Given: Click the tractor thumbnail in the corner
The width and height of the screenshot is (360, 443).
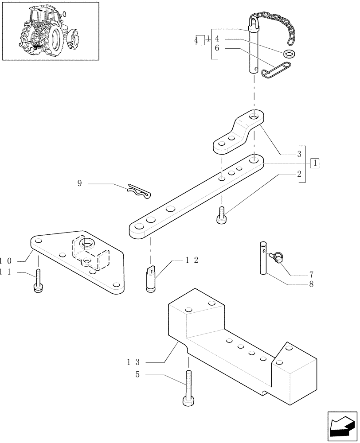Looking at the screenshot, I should coord(50,31).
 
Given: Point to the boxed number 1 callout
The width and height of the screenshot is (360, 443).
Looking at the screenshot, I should coord(315,163).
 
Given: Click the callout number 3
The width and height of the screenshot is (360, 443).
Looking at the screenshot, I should coord(299,154).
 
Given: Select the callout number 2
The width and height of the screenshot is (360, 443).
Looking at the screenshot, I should coord(299,174).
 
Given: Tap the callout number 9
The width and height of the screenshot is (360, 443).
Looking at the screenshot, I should coord(79,183).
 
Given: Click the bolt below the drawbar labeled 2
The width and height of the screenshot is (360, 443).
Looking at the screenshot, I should coord(222,216).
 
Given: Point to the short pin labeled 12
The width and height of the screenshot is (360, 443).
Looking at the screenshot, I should coord(152,278).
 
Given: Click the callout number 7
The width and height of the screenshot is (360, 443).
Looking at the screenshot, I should coord(311,274).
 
